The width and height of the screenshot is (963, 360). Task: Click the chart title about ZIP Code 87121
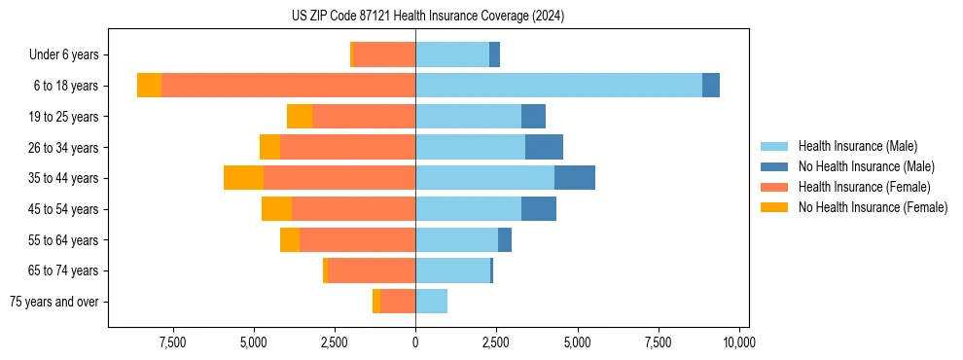pos(427,16)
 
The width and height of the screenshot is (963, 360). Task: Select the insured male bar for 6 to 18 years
pos(558,85)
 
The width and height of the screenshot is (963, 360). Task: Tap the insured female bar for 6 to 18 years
pos(288,85)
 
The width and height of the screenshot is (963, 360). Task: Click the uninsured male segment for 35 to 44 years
pos(574,178)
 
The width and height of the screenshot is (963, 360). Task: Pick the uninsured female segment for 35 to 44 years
pos(243,178)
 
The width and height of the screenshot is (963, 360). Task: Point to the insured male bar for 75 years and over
pos(431,302)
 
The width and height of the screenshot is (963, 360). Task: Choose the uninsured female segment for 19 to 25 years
pos(300,116)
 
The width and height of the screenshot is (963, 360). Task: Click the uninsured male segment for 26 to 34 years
pos(544,147)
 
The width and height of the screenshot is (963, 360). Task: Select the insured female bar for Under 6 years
pos(385,54)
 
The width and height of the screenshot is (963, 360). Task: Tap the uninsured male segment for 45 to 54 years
pos(538,209)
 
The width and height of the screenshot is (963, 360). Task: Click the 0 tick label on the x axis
pos(415,342)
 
